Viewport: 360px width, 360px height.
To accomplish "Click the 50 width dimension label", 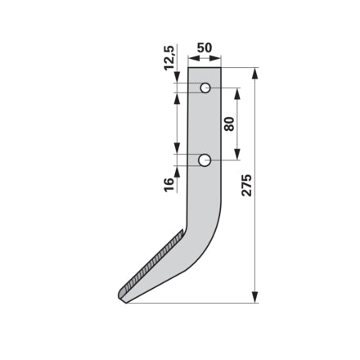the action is [205, 48].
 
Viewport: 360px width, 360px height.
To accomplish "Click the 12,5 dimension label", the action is [169, 58].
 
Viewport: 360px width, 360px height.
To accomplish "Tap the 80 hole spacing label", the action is [229, 124].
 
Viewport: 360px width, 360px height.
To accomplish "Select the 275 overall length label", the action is [246, 186].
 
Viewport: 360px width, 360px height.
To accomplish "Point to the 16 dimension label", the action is [169, 185].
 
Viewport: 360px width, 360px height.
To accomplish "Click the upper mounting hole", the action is [205, 88].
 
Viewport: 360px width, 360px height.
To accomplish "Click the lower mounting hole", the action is [205, 160].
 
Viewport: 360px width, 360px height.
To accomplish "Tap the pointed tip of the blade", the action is [125, 302].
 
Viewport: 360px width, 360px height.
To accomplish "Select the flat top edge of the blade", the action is [205, 68].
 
